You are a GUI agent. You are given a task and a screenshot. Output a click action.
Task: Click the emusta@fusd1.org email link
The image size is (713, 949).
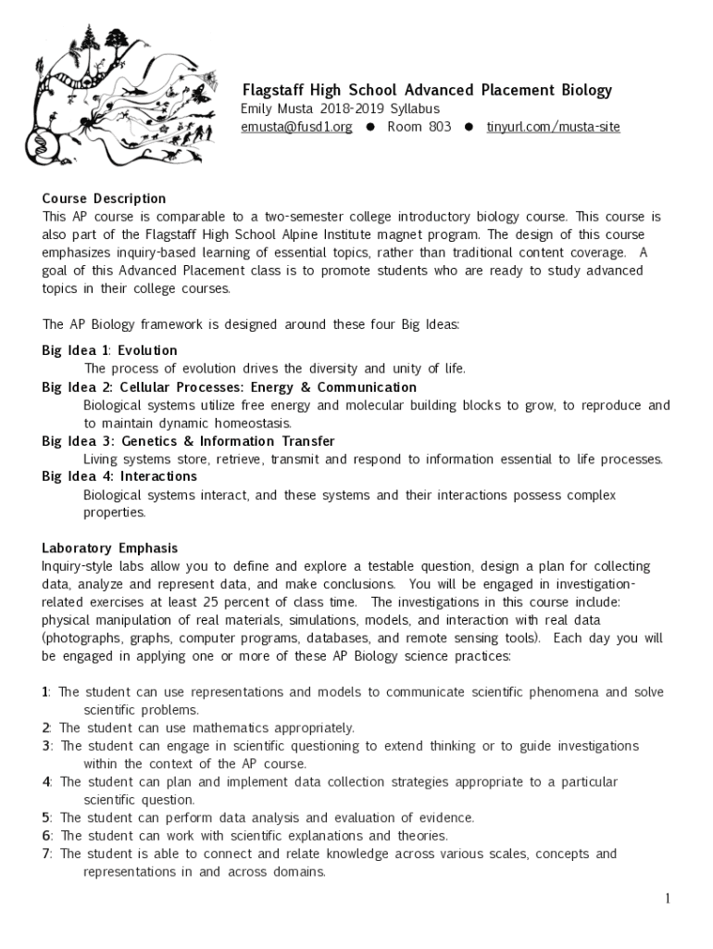(296, 127)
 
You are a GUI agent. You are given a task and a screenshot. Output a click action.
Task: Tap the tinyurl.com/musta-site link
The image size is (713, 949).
(553, 127)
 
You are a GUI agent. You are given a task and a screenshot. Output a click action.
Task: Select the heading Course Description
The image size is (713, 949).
(104, 198)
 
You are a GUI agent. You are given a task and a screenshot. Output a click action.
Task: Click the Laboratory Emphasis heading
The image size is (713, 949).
(109, 548)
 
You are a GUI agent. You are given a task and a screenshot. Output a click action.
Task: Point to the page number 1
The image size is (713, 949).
(666, 898)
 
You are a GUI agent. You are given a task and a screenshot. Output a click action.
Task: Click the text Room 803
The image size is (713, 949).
(419, 127)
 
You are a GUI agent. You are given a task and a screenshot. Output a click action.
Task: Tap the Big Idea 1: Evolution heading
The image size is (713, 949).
(109, 350)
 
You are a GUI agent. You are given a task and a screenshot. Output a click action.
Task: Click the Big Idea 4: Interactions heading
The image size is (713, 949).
(119, 476)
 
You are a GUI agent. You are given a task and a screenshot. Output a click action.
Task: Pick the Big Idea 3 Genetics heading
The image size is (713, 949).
(188, 441)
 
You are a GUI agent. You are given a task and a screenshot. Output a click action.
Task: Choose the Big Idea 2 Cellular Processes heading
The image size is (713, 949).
(229, 386)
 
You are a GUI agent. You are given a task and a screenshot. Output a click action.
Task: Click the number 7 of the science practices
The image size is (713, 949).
(45, 854)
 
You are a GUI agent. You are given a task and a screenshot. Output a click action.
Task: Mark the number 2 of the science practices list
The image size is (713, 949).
(45, 728)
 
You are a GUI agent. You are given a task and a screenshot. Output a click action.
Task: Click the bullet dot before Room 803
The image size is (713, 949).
(370, 127)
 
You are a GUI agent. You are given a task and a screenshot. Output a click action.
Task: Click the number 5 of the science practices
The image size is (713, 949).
(45, 817)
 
